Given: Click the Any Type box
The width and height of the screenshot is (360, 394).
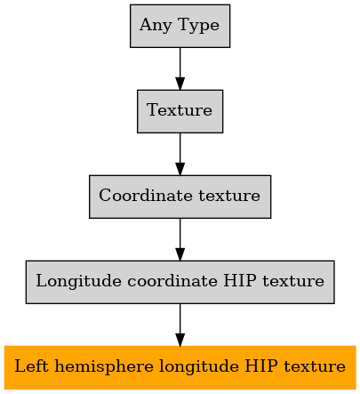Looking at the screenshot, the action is [180, 26].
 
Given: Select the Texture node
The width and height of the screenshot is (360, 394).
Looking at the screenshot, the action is [180, 111].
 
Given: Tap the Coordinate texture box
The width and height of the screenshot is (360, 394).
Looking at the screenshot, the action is [180, 197].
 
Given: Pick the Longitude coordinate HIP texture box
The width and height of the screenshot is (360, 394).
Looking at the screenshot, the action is [180, 282].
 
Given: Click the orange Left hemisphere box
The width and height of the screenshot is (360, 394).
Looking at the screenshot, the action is [180, 367].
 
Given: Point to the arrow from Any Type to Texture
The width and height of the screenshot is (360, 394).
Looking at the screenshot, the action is [180, 68].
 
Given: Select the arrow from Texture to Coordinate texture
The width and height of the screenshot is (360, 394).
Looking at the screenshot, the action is [180, 154].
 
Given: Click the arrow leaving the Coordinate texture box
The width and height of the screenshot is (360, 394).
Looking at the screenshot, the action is [180, 239].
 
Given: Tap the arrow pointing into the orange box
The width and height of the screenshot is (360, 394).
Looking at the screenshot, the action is [180, 325].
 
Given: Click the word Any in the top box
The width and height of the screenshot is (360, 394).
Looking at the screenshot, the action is [156, 26].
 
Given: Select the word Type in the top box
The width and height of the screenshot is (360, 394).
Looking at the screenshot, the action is [199, 26].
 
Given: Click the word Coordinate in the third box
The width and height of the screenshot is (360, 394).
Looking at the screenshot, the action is [146, 196].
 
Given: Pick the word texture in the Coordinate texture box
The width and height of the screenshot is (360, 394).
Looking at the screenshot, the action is [229, 196].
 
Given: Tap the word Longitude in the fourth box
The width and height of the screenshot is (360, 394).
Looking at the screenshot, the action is [78, 282].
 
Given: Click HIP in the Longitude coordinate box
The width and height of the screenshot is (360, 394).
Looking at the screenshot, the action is [240, 280].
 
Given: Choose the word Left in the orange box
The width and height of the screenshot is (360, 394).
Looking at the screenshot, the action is [31, 366].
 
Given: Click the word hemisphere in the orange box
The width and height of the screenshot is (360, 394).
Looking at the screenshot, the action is [104, 366].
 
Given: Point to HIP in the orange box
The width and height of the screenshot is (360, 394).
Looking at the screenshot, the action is [261, 366].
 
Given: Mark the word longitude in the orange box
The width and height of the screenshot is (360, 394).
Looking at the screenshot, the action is [199, 367].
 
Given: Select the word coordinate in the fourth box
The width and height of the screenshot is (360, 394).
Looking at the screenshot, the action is [172, 281].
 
